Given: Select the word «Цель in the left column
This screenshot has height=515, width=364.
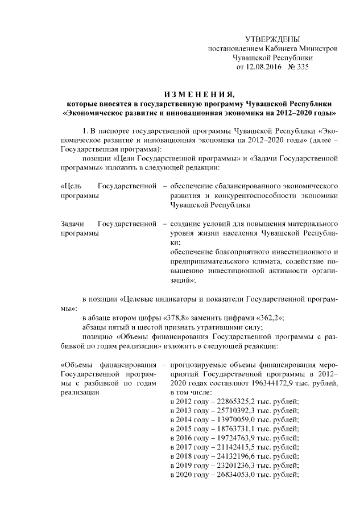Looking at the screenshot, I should pyautogui.click(x=71, y=187).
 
